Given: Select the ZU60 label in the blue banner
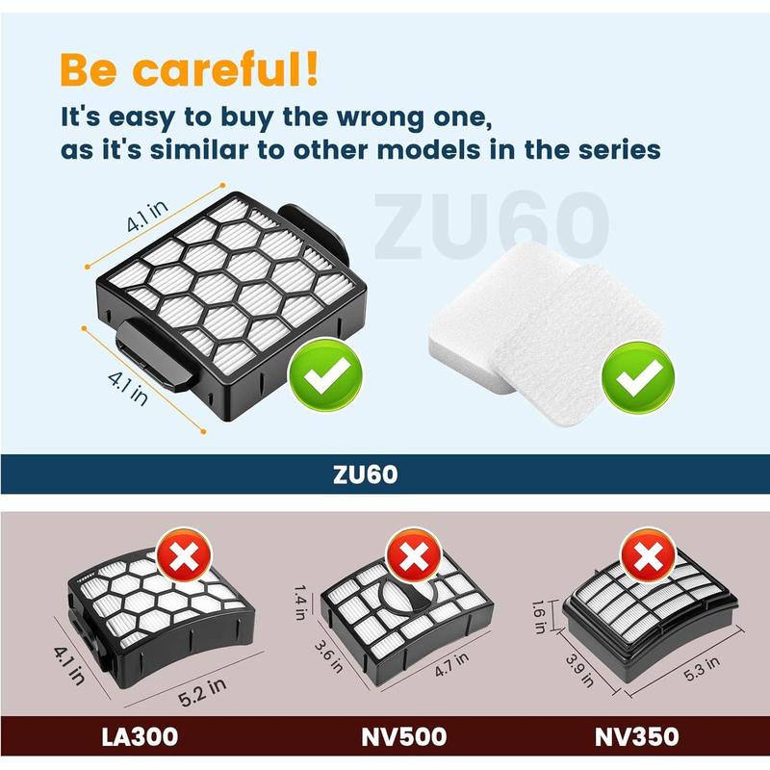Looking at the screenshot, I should pyautogui.click(x=384, y=475).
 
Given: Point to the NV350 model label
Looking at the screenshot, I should pyautogui.click(x=636, y=737).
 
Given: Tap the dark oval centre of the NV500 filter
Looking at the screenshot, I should pyautogui.click(x=409, y=604).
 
